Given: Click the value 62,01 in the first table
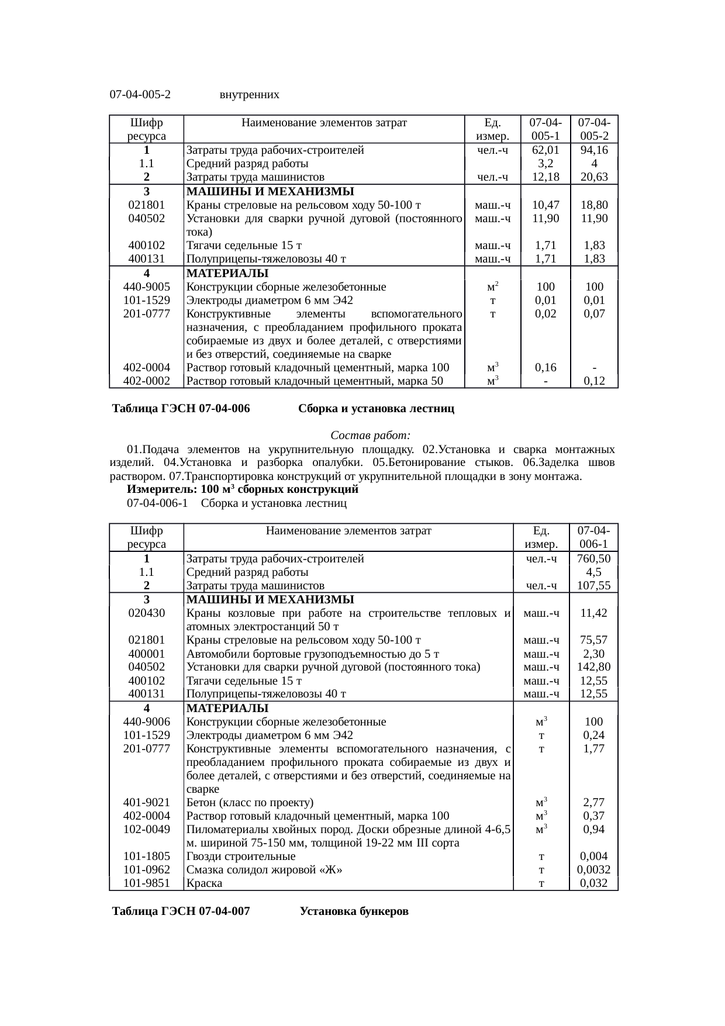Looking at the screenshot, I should point(546,150).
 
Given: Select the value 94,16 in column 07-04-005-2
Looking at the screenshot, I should point(594,150).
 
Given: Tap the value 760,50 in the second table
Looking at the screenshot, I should point(594,559).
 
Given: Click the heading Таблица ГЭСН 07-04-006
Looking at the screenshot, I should point(181,409).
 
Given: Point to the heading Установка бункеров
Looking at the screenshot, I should point(354,911).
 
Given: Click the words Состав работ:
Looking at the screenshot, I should point(371,436).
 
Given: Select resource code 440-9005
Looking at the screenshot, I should point(147,287).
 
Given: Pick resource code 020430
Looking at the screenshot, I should point(147,613).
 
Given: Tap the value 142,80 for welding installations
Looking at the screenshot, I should point(594,667).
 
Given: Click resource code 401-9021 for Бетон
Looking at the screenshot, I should point(147,803).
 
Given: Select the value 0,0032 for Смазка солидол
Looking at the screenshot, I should point(594,870).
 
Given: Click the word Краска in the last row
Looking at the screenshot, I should point(204,883).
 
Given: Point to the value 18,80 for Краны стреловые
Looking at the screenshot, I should point(594,205).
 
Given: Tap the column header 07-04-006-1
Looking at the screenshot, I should point(594,537).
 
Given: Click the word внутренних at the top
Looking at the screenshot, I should point(250,95).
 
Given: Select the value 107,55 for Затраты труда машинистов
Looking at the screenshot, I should point(594,586).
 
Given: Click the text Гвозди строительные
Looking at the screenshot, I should point(241,856).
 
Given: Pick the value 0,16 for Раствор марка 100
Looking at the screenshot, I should point(546,368).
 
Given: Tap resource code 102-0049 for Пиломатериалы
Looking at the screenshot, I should point(147,830).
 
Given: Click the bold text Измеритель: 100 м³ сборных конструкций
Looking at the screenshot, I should point(243,489).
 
